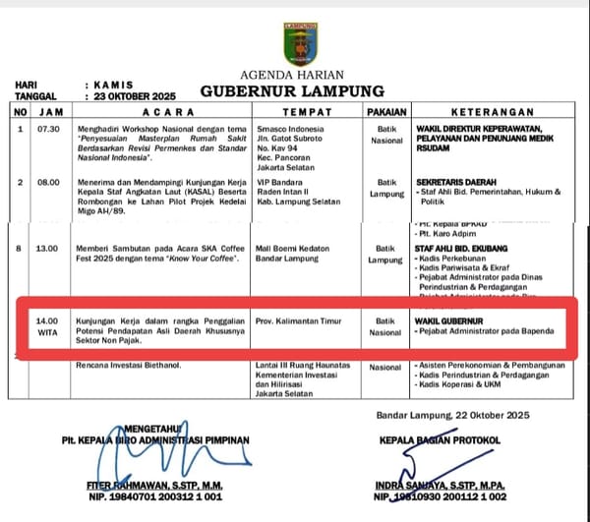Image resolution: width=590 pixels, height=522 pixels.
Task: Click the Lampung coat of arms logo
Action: pyautogui.click(x=299, y=43)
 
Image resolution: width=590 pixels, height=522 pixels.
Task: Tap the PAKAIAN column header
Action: pyautogui.click(x=386, y=112)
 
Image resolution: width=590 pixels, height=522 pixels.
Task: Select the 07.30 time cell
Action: pyautogui.click(x=48, y=129)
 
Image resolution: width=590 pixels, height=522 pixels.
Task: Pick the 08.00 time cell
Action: pyautogui.click(x=48, y=183)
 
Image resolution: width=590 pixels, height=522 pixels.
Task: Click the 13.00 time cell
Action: pyautogui.click(x=48, y=249)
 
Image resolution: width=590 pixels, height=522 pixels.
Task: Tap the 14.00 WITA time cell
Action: pyautogui.click(x=48, y=326)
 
